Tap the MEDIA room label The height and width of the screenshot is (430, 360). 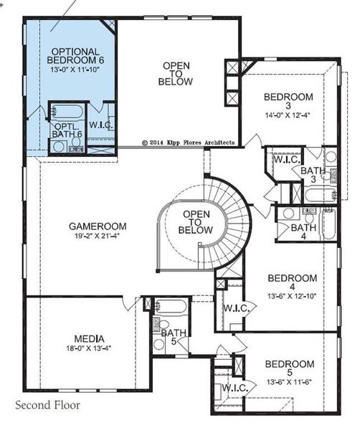[x=90, y=339]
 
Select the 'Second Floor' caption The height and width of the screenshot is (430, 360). [x=48, y=405]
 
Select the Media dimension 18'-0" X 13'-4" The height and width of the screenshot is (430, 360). [x=90, y=348]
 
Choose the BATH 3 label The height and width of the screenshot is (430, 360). [x=312, y=175]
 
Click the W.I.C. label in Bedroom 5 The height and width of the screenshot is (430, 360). [x=235, y=388]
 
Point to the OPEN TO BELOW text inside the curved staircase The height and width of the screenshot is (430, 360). [x=198, y=222]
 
